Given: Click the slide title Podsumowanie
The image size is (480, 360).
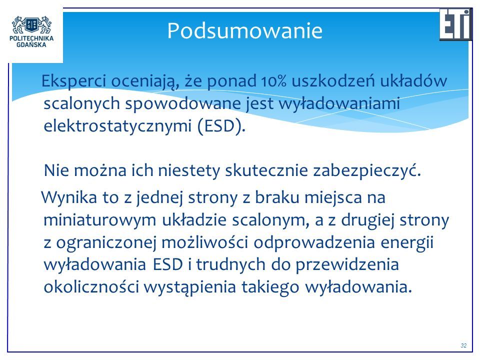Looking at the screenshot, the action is coord(245,30).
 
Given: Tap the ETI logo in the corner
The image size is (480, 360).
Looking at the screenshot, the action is coord(456,24).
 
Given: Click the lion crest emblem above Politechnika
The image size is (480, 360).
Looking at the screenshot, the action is coord(31,25).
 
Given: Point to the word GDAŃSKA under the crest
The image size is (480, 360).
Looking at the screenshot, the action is coord(31,44).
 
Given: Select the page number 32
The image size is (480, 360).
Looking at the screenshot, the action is coord(463,345).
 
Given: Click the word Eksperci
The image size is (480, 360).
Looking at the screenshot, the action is coord(74,81).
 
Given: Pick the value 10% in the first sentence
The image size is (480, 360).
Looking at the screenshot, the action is coord(274,81).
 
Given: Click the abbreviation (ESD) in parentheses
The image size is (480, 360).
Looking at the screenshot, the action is coord(221,126).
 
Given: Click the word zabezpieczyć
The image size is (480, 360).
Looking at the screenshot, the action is coord(367,171).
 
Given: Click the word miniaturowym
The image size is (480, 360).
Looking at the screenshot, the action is coord(100,220).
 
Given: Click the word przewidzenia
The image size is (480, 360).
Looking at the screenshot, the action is coord(347,265).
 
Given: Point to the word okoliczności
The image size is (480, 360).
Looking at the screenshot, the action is coord(91,287).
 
